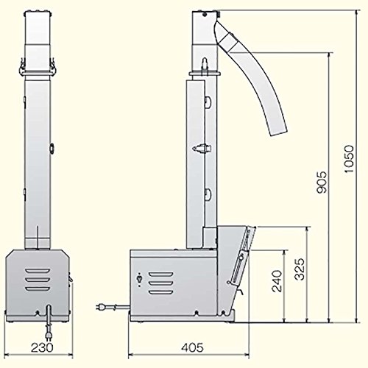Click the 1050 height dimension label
click(x=349, y=159)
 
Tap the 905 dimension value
click(x=322, y=183)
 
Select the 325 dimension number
click(x=299, y=269)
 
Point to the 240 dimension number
click(x=277, y=281)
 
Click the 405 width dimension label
click(x=192, y=347)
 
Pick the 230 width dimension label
click(x=42, y=347)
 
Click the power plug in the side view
click(x=100, y=306)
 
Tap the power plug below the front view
click(x=49, y=335)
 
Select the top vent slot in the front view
click(x=38, y=271)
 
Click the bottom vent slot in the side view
click(x=160, y=292)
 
